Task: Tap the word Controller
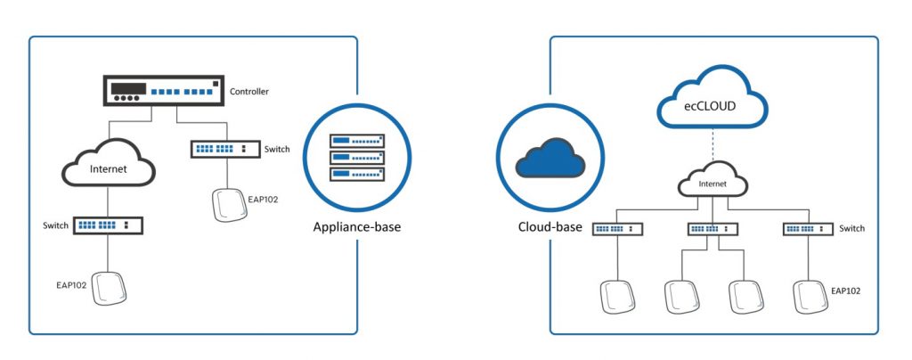(x=249, y=92)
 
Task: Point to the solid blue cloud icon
(x=550, y=160)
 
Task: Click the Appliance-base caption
(x=357, y=227)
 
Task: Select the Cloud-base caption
(x=550, y=227)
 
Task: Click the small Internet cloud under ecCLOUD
(x=712, y=184)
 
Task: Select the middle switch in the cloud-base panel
(x=712, y=229)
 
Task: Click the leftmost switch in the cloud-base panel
(x=618, y=229)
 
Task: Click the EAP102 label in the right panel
(x=846, y=290)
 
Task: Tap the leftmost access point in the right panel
(x=617, y=297)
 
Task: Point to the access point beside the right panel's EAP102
(x=808, y=297)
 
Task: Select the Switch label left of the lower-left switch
(x=55, y=225)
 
